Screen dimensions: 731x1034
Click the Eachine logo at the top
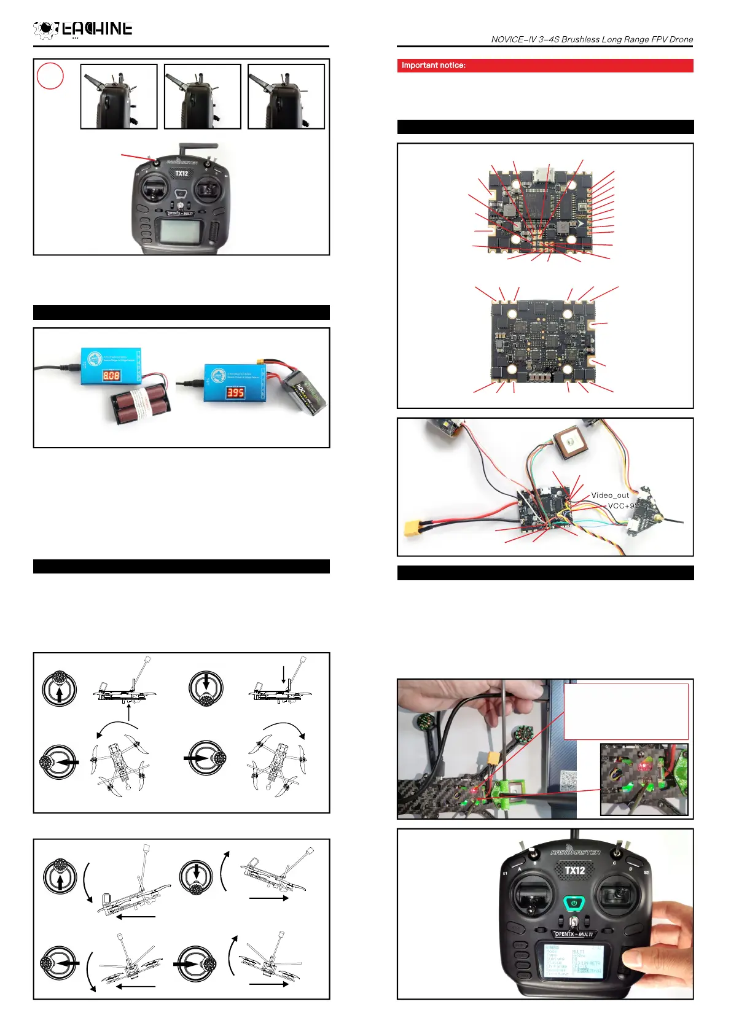(82, 29)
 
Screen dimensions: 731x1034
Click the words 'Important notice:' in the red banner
(434, 65)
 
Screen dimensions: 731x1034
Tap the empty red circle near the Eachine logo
(50, 76)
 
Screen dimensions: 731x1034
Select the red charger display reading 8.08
(111, 375)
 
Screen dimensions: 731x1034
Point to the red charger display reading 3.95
(235, 392)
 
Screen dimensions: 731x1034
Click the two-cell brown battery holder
(141, 405)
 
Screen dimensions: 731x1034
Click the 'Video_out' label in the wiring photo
(610, 495)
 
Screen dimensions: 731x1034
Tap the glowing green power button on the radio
(574, 903)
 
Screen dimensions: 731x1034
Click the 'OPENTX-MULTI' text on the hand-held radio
(574, 934)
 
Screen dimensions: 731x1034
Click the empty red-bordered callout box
(626, 711)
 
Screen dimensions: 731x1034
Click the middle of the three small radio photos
(203, 96)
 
